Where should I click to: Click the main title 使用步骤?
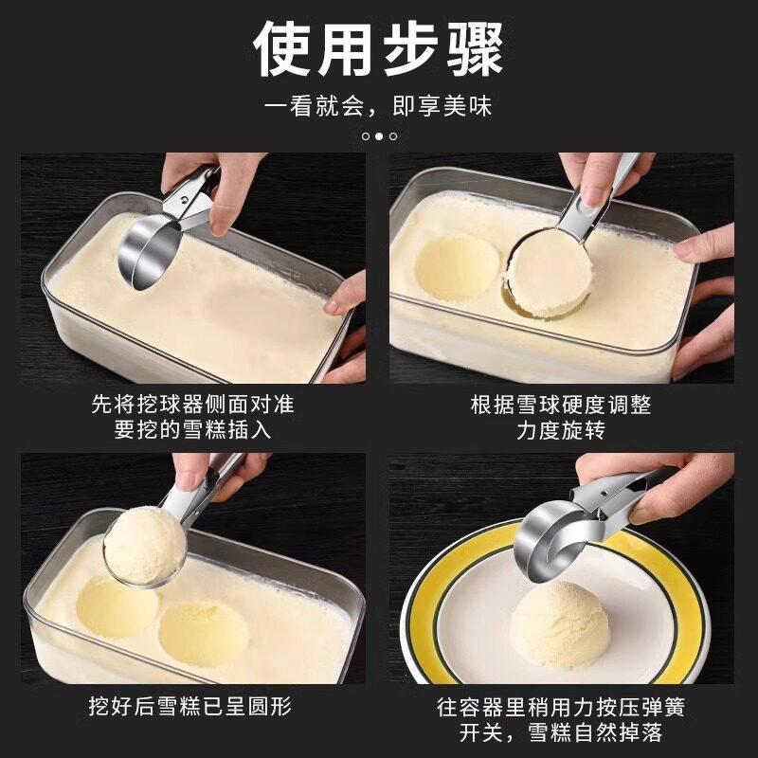point(378,49)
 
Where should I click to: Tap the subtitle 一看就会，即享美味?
point(378,106)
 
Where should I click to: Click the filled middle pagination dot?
point(379,136)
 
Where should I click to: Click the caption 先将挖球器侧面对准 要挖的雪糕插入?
point(192,417)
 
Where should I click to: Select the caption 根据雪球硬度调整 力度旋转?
point(561,417)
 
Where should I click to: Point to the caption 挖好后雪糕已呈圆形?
point(190,706)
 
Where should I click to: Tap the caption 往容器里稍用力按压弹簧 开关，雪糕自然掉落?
point(561,719)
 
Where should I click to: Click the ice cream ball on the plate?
point(560,624)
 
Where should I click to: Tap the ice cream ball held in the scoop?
point(145,544)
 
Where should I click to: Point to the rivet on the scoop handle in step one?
point(184,199)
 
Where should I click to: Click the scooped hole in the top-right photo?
point(457,267)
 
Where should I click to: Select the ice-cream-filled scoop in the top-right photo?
point(550,272)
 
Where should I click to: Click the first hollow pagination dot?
point(366,136)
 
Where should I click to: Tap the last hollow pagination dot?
point(393,136)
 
